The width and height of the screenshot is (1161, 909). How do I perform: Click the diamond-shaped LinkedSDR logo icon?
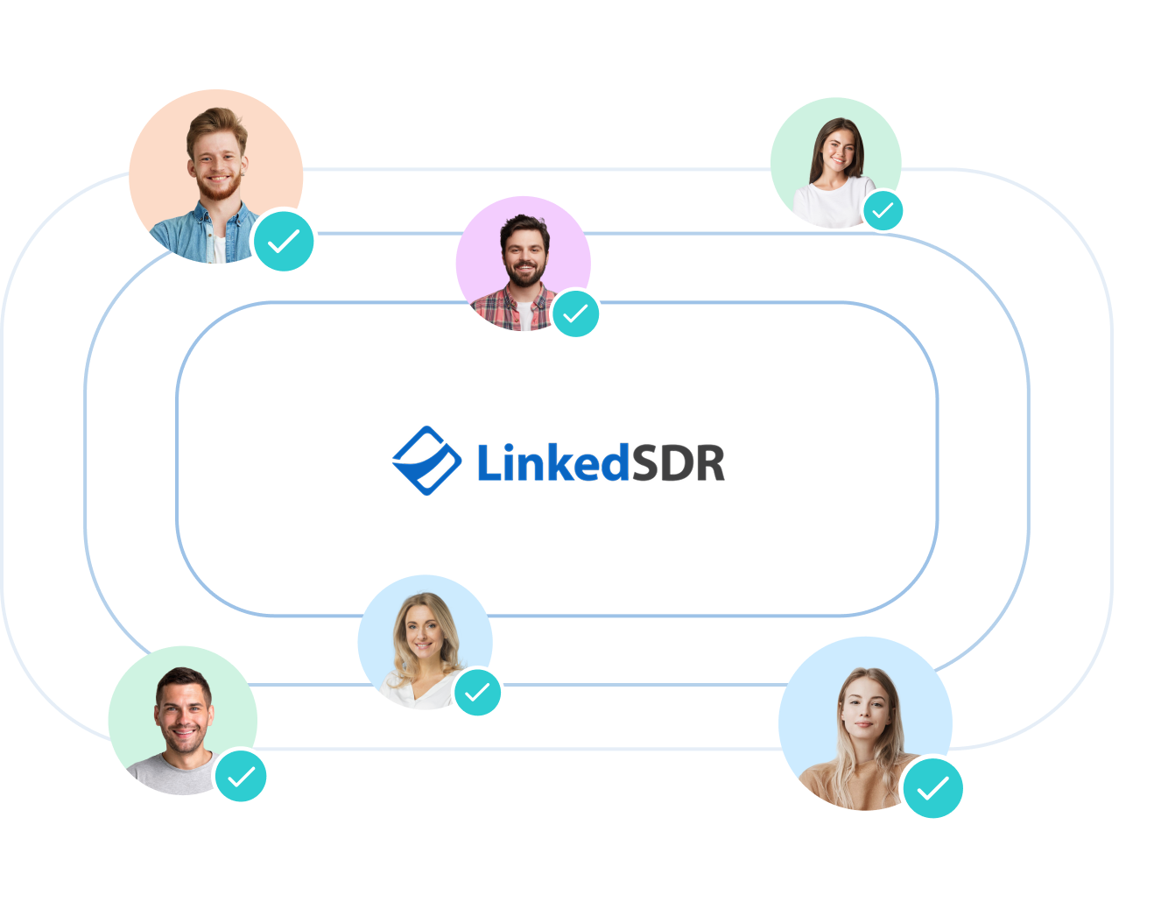426,461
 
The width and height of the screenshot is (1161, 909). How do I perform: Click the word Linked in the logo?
552,462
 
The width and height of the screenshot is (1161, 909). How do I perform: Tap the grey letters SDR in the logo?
679,462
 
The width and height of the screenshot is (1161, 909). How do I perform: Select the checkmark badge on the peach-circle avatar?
284,241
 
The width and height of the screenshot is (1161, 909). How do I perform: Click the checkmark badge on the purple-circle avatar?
575,314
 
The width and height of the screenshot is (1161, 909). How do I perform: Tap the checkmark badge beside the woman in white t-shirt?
883,211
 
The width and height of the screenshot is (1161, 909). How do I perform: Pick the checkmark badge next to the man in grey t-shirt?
241,776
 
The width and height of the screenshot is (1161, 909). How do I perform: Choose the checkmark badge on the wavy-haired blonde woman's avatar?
477,693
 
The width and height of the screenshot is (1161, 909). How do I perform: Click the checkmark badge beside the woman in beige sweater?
933,788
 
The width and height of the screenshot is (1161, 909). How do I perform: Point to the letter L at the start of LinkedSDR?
489,462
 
